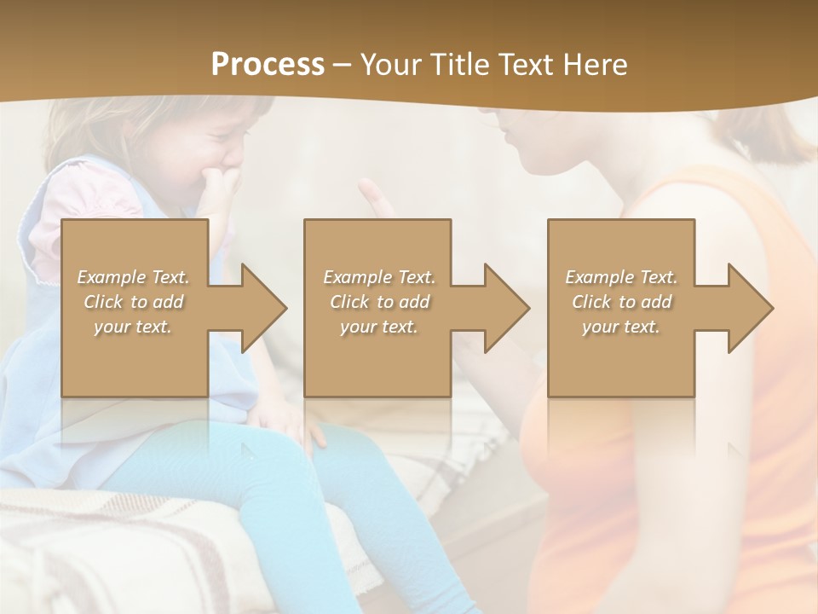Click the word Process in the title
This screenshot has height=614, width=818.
[x=268, y=65]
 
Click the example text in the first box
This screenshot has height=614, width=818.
[x=134, y=302]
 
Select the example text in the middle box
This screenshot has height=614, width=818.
[x=378, y=302]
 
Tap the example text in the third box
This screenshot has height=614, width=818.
[x=621, y=302]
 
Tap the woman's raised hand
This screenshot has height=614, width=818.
[x=375, y=201]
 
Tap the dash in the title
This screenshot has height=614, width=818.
[x=343, y=65]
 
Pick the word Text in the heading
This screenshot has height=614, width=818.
[x=522, y=65]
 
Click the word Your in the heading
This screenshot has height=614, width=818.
[x=389, y=65]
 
